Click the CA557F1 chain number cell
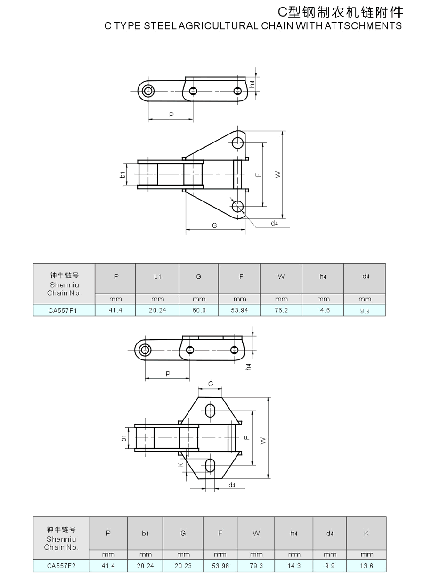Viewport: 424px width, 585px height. tap(63, 310)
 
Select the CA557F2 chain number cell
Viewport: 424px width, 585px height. tap(61, 566)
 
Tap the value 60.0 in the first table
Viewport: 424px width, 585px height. tap(199, 310)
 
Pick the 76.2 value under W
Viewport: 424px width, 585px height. tap(281, 310)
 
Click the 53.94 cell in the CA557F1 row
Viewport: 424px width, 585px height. tap(239, 310)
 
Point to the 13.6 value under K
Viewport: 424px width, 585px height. tap(367, 566)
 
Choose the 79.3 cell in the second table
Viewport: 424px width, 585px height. tap(256, 566)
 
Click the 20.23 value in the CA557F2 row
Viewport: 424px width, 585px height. tap(183, 566)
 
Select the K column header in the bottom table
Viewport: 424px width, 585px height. tap(367, 533)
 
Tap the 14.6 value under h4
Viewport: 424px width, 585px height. tap(323, 310)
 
